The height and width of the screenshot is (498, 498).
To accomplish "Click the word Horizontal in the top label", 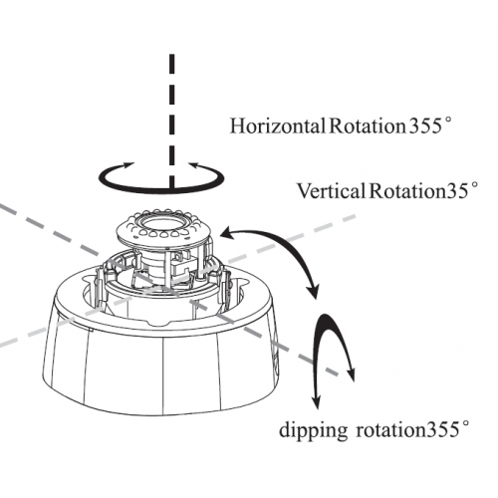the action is [277, 126].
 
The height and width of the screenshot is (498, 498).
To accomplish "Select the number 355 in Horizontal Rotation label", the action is [424, 126].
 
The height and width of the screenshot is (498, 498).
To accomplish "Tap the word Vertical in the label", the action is [331, 191].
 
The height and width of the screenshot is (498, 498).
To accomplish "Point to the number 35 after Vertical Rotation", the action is [456, 192].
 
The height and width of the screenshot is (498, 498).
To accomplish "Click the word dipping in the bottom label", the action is [313, 430].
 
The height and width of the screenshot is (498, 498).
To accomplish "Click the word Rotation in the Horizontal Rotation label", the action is [368, 126].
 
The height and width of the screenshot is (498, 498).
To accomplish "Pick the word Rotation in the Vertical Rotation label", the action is [407, 191].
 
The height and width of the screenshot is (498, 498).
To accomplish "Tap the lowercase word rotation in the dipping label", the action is [390, 430].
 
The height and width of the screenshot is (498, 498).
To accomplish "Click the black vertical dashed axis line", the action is [172, 123].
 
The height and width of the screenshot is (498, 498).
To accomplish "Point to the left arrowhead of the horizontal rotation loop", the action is [127, 165].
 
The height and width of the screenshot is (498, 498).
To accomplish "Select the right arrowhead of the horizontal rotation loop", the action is [196, 165].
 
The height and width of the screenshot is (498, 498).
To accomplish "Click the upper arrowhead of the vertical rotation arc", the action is [228, 233].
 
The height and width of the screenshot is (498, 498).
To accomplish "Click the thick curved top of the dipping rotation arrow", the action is [326, 320].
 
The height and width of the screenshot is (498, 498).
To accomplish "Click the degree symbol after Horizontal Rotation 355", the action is [447, 122].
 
